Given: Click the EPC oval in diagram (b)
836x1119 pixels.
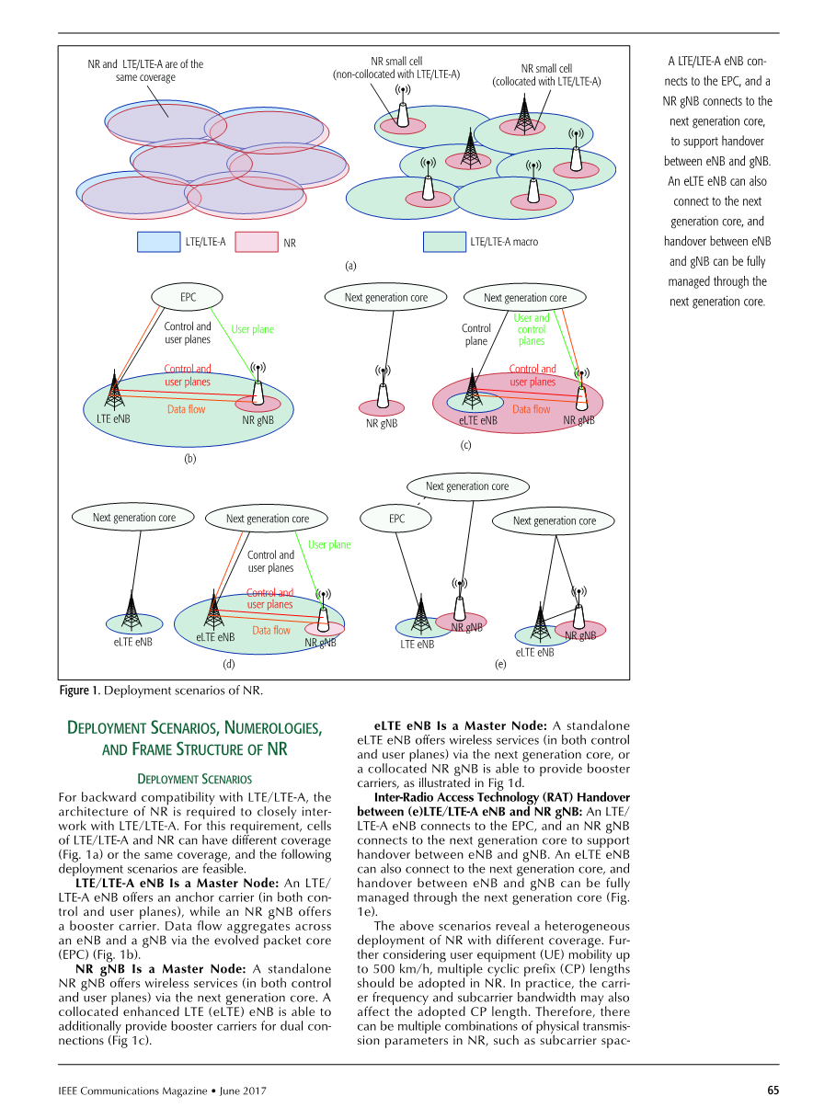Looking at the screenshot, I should (188, 297).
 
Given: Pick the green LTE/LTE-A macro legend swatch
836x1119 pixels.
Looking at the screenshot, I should (444, 242).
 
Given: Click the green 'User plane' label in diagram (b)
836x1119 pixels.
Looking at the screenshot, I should (252, 329).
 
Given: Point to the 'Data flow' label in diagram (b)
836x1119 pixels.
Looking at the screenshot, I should (186, 409).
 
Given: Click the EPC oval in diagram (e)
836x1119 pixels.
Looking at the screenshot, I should (396, 519).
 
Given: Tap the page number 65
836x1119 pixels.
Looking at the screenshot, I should (773, 1090).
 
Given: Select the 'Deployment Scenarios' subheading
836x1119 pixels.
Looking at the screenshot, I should (194, 779).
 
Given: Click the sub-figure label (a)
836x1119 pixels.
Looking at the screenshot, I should (350, 266).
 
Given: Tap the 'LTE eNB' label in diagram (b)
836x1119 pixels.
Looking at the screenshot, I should (113, 418).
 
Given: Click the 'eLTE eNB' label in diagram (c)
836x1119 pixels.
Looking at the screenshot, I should (477, 421).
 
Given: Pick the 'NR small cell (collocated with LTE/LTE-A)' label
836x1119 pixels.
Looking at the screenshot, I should (546, 74).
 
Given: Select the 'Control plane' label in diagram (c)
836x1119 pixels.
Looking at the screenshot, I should (475, 335).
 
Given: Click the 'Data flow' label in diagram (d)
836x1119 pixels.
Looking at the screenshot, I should (270, 631).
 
